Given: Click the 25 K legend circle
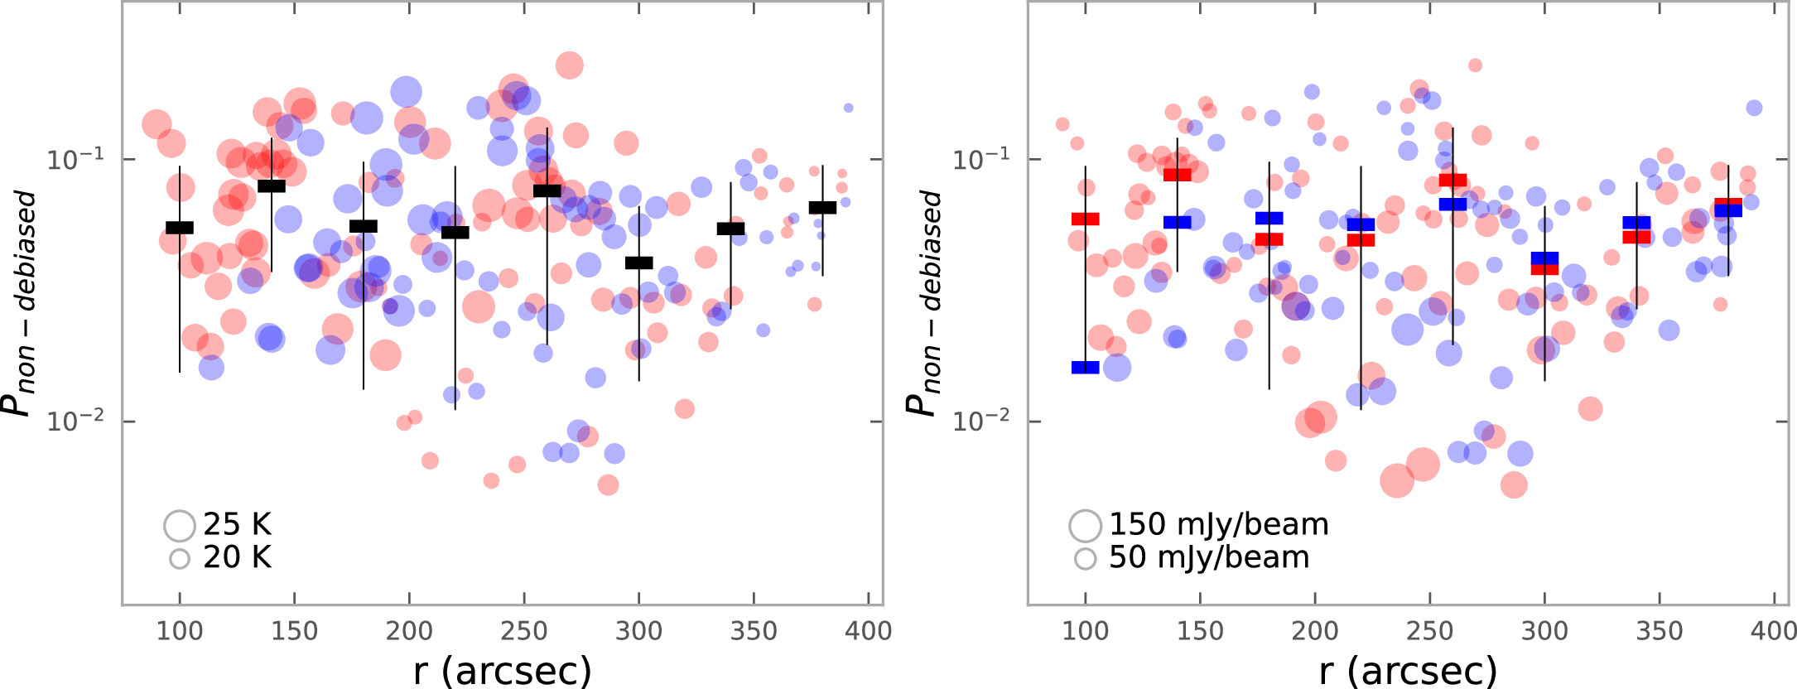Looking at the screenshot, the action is click(180, 525).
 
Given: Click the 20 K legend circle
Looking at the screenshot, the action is click(180, 559).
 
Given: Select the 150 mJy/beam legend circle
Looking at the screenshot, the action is click(1085, 525).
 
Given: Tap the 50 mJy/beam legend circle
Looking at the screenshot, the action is click(1085, 559).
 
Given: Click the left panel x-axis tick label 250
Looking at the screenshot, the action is click(524, 631).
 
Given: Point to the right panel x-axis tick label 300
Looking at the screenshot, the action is click(1544, 631).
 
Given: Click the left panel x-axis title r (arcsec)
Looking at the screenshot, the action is click(503, 670).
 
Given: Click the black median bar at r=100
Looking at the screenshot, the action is click(180, 228).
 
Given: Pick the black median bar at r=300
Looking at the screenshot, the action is click(638, 263).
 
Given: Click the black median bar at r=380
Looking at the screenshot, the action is click(822, 207).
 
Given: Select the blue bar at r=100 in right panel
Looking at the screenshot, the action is click(1085, 368).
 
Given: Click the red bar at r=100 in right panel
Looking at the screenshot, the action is click(1085, 219).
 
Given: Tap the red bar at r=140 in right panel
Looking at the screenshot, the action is click(1177, 174).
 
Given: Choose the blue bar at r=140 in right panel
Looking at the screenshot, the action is click(1177, 222).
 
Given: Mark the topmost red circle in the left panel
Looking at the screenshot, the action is click(569, 65).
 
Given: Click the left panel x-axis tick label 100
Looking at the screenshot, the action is click(180, 631).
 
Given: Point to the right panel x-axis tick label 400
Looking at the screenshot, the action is click(1773, 631).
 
